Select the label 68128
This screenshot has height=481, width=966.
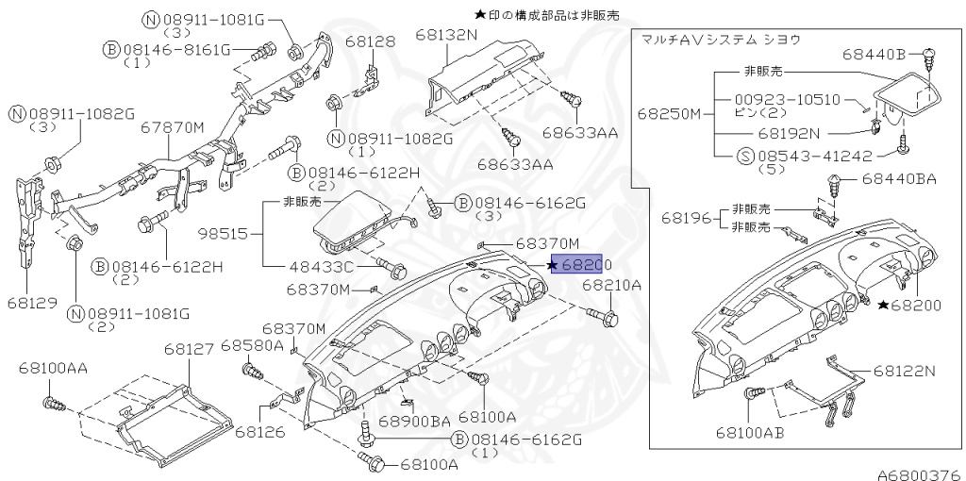370,41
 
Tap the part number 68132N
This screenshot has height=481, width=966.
447,35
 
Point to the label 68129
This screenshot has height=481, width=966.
31,304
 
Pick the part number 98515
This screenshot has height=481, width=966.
224,231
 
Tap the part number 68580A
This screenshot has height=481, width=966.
252,346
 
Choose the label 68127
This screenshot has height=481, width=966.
189,349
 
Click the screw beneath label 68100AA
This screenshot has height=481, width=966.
55,406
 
